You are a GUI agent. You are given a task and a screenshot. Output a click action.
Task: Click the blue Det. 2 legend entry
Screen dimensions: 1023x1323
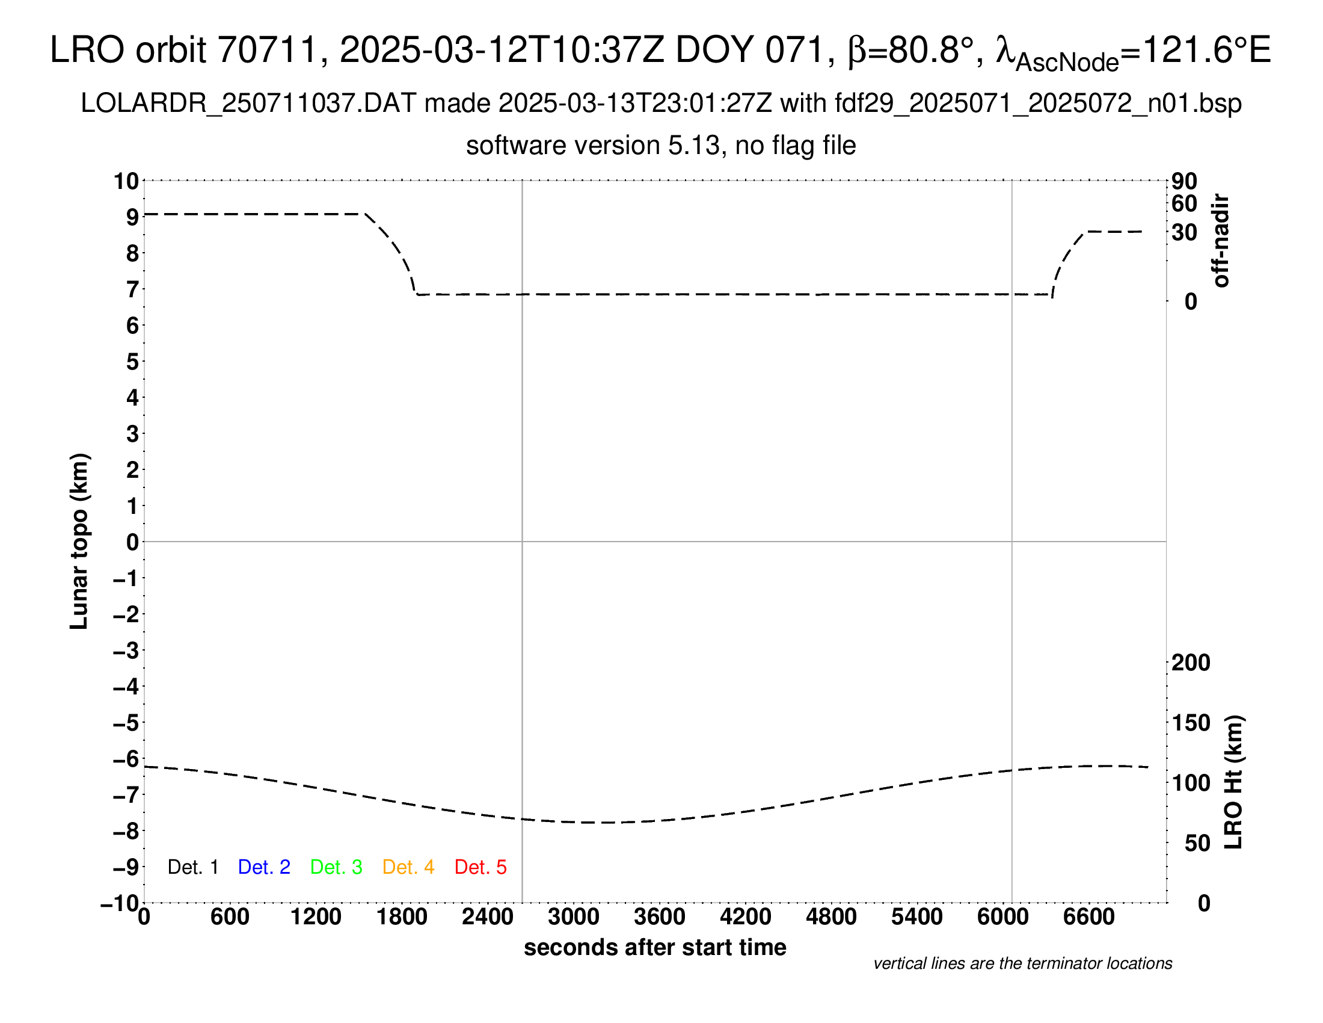point(264,867)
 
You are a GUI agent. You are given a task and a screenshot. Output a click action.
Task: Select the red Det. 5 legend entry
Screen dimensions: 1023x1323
point(480,867)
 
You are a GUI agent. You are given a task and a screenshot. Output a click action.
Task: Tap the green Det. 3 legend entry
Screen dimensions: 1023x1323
point(336,867)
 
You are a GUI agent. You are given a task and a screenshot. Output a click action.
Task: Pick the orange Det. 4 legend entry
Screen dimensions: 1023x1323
point(408,867)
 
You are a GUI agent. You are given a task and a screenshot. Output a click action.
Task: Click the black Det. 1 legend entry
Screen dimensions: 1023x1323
point(192,867)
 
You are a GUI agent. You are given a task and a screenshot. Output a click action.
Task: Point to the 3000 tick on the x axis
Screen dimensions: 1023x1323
point(573,917)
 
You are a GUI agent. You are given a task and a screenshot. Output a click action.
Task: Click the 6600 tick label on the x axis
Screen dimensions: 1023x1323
point(1088,917)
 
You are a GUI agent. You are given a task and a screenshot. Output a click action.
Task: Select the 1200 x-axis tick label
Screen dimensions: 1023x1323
point(316,917)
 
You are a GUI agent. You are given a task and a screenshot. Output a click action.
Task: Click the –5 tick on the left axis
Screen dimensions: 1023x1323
point(126,723)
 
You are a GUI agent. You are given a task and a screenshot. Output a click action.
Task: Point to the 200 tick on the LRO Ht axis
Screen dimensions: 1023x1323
point(1191,663)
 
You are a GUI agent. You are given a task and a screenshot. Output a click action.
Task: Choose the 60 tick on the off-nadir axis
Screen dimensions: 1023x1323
point(1184,203)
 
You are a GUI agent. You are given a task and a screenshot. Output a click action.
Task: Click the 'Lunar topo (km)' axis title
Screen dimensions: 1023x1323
point(79,541)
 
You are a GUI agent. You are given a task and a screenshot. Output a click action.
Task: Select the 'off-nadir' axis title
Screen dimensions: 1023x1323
point(1221,241)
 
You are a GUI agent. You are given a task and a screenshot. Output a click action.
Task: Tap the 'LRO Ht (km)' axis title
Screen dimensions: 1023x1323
point(1233,782)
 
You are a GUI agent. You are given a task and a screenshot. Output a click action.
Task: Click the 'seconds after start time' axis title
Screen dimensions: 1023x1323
point(655,947)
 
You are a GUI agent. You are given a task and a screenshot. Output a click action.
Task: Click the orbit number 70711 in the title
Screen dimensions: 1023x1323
point(267,50)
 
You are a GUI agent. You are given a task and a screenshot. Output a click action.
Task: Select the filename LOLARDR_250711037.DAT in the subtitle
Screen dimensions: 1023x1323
point(248,104)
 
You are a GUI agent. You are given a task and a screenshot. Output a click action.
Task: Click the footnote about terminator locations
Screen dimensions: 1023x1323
point(1022,963)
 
